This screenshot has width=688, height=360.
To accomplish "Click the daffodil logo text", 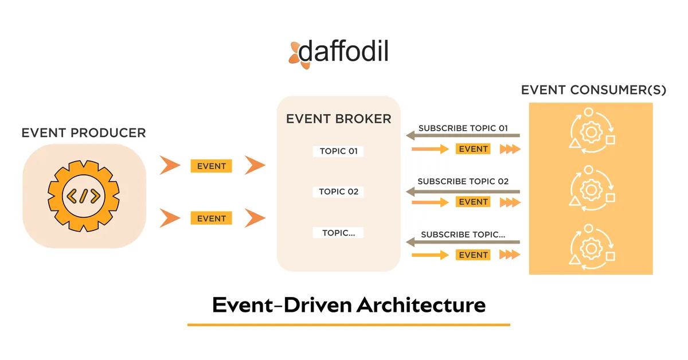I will click(343, 52).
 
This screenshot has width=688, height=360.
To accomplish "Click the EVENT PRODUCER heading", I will click(84, 133).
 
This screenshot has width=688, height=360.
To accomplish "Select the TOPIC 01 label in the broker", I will click(338, 151).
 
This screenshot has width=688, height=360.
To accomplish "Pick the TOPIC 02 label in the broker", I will click(338, 191).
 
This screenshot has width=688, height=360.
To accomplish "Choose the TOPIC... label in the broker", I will click(338, 233).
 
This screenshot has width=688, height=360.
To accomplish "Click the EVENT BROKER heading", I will click(338, 119).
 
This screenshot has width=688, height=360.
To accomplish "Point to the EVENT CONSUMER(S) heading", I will click(593, 91).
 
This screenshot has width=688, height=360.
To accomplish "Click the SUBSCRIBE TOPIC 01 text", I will click(463, 128).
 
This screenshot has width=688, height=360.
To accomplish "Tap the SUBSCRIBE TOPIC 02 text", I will click(463, 181).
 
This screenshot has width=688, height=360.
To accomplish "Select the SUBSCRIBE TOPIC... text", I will click(463, 234).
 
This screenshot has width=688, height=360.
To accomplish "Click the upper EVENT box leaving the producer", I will click(212, 166).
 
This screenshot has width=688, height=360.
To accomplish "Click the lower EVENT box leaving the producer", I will click(212, 218).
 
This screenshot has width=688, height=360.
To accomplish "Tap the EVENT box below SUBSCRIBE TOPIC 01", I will click(473, 149).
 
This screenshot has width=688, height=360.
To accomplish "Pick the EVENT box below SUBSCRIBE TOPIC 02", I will click(473, 202).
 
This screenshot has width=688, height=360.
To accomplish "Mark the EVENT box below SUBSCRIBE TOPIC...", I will click(473, 255).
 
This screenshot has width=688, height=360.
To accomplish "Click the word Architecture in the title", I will click(421, 304).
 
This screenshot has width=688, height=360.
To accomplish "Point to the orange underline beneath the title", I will click(349, 325).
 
